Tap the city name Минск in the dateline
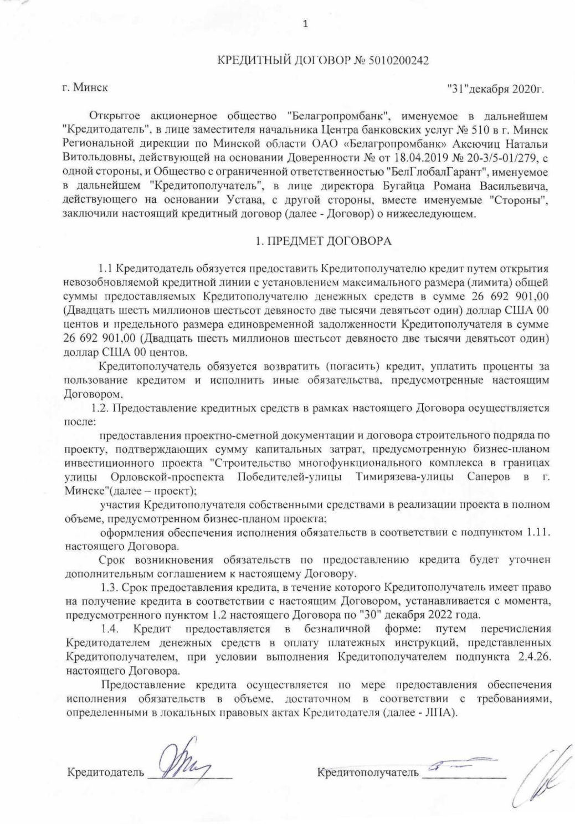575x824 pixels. [92, 87]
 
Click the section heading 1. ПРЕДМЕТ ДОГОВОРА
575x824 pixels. [323, 241]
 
